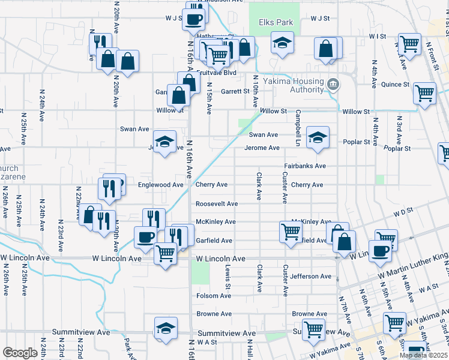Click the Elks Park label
(x=276, y=23)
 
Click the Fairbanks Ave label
(x=305, y=166)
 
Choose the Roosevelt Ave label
(x=217, y=204)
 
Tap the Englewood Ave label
(x=160, y=185)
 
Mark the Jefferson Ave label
(x=311, y=277)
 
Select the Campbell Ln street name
(x=297, y=128)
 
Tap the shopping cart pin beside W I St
(x=409, y=43)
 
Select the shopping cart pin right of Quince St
(x=424, y=94)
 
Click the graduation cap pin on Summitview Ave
(x=166, y=328)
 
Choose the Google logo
(x=20, y=353)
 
